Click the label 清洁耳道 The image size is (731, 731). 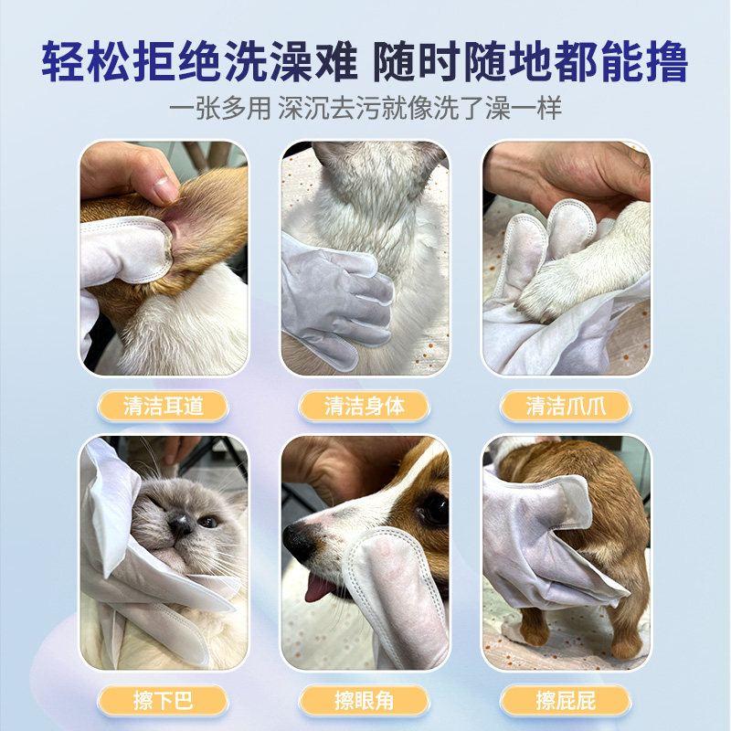(164, 406)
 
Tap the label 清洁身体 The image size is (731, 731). (365, 406)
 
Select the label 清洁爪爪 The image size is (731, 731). (566, 406)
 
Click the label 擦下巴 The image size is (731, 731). (164, 701)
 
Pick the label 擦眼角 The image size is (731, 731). (365, 701)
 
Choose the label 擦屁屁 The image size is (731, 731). (566, 701)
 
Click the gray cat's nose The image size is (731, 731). (180, 524)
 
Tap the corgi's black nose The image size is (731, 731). (299, 541)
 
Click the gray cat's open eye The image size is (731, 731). (208, 521)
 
